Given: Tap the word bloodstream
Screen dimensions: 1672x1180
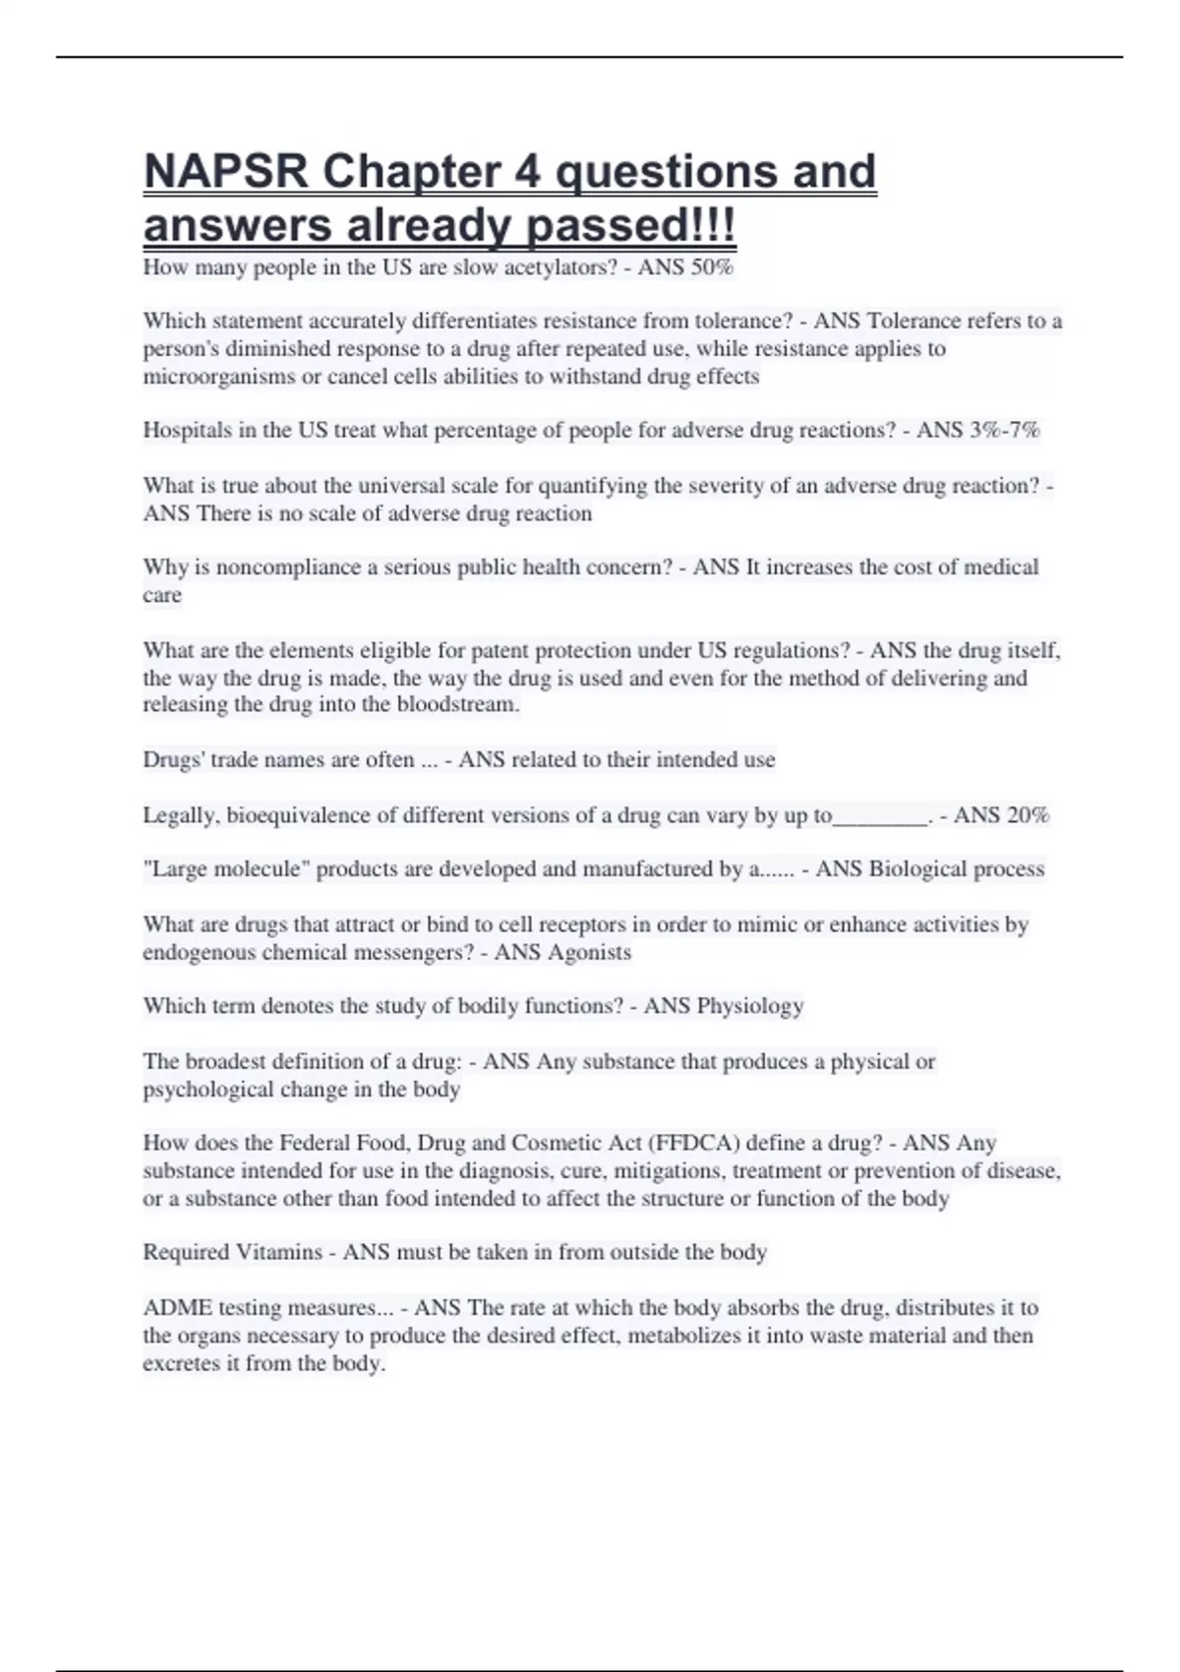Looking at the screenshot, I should (457, 704).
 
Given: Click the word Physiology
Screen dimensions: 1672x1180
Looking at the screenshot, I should (749, 1006).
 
